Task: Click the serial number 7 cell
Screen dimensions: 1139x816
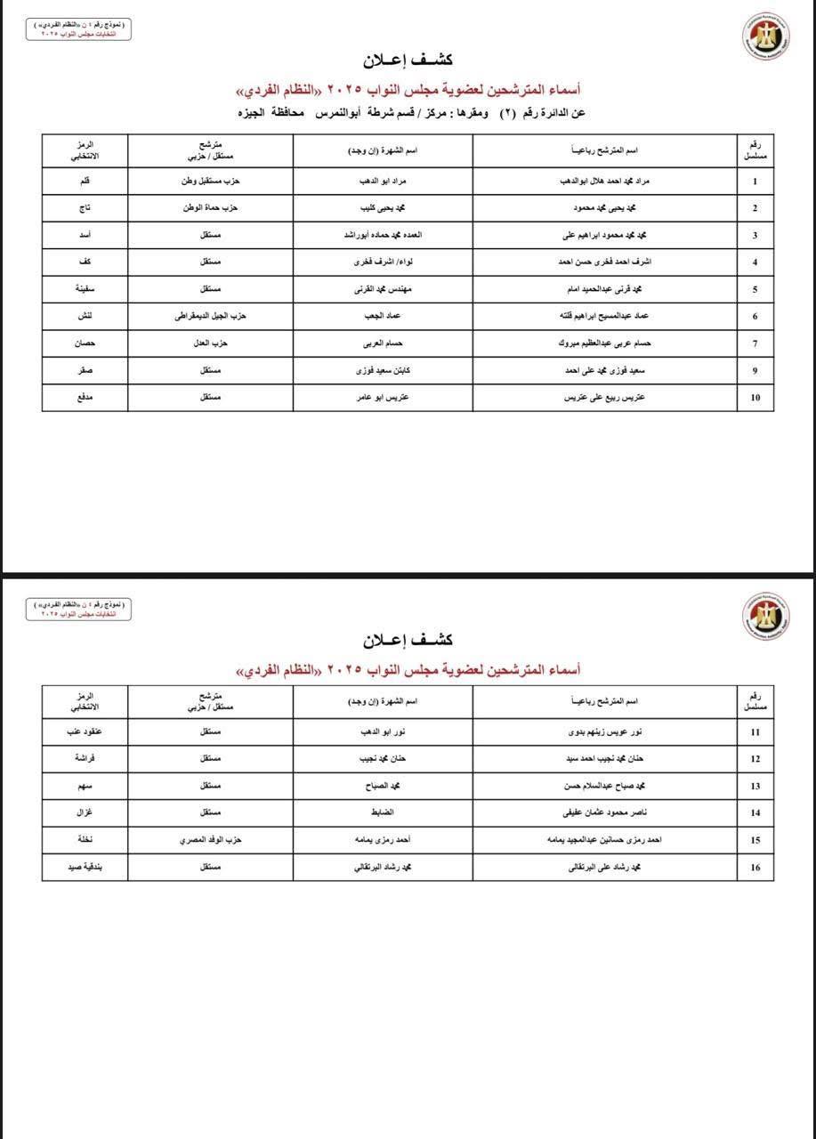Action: point(755,343)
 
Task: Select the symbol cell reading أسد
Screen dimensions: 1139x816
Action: point(85,235)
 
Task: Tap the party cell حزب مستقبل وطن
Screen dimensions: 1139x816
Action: point(210,182)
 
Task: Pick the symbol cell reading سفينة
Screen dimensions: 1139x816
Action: point(85,289)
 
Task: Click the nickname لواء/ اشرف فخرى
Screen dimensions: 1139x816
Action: point(383,263)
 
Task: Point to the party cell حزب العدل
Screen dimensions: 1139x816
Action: point(210,343)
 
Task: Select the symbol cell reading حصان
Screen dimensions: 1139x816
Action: point(85,343)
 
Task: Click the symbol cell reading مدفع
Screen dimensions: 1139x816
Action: point(85,398)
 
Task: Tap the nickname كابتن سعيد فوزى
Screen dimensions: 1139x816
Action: point(383,370)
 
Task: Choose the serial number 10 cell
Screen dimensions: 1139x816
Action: point(755,398)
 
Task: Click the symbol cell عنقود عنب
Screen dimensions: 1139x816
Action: point(85,731)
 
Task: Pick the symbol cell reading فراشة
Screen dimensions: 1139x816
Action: point(85,759)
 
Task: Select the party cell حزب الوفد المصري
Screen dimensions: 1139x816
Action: point(210,840)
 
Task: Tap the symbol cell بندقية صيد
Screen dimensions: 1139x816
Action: point(85,868)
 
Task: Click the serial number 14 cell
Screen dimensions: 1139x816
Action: point(755,813)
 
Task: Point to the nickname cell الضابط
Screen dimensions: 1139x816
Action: point(383,813)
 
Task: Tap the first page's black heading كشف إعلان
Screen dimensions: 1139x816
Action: point(408,60)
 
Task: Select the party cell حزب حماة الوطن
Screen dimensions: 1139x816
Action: point(210,208)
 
